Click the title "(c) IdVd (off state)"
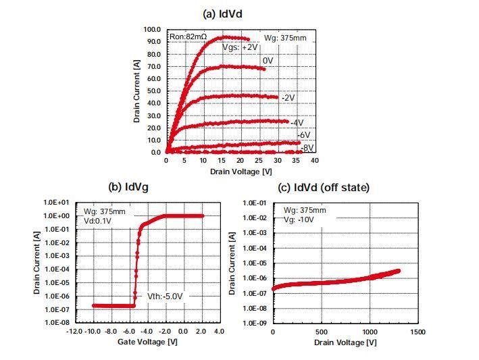click(324, 187)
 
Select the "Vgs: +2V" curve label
click(240, 48)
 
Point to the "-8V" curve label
click(307, 147)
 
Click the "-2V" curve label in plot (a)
click(288, 98)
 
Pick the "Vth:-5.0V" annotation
click(166, 296)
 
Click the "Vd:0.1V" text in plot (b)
click(99, 220)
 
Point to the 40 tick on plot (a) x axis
click(314, 161)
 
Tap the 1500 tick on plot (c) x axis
click(418, 332)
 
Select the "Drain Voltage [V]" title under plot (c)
click(345, 343)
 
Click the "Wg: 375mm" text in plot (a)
click(285, 38)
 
